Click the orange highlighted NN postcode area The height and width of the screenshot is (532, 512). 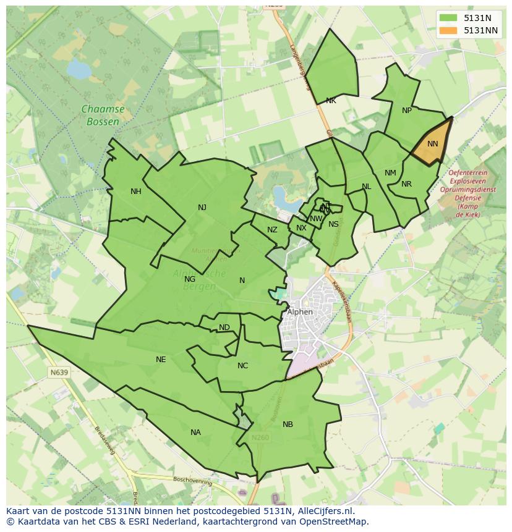[432, 145]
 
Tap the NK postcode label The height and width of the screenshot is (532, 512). [331, 101]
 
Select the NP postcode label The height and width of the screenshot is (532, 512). [406, 111]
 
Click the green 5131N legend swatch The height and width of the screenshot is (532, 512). [449, 18]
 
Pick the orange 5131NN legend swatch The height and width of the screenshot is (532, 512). [449, 30]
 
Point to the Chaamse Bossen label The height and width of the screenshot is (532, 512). [103, 116]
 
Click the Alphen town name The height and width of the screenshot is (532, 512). [300, 312]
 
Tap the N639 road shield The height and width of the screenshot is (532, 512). [59, 373]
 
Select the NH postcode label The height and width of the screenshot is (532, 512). [136, 192]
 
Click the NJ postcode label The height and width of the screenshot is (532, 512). [202, 208]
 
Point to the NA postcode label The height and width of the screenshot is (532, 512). [195, 433]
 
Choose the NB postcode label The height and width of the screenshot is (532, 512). [288, 424]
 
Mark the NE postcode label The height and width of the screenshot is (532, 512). [161, 360]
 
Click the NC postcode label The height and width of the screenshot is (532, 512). [242, 366]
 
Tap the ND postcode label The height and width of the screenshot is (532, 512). [224, 327]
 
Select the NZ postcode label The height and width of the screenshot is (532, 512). [272, 230]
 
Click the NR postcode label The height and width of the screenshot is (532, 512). [406, 184]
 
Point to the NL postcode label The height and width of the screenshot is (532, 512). [367, 187]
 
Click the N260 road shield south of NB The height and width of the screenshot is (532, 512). [260, 437]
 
